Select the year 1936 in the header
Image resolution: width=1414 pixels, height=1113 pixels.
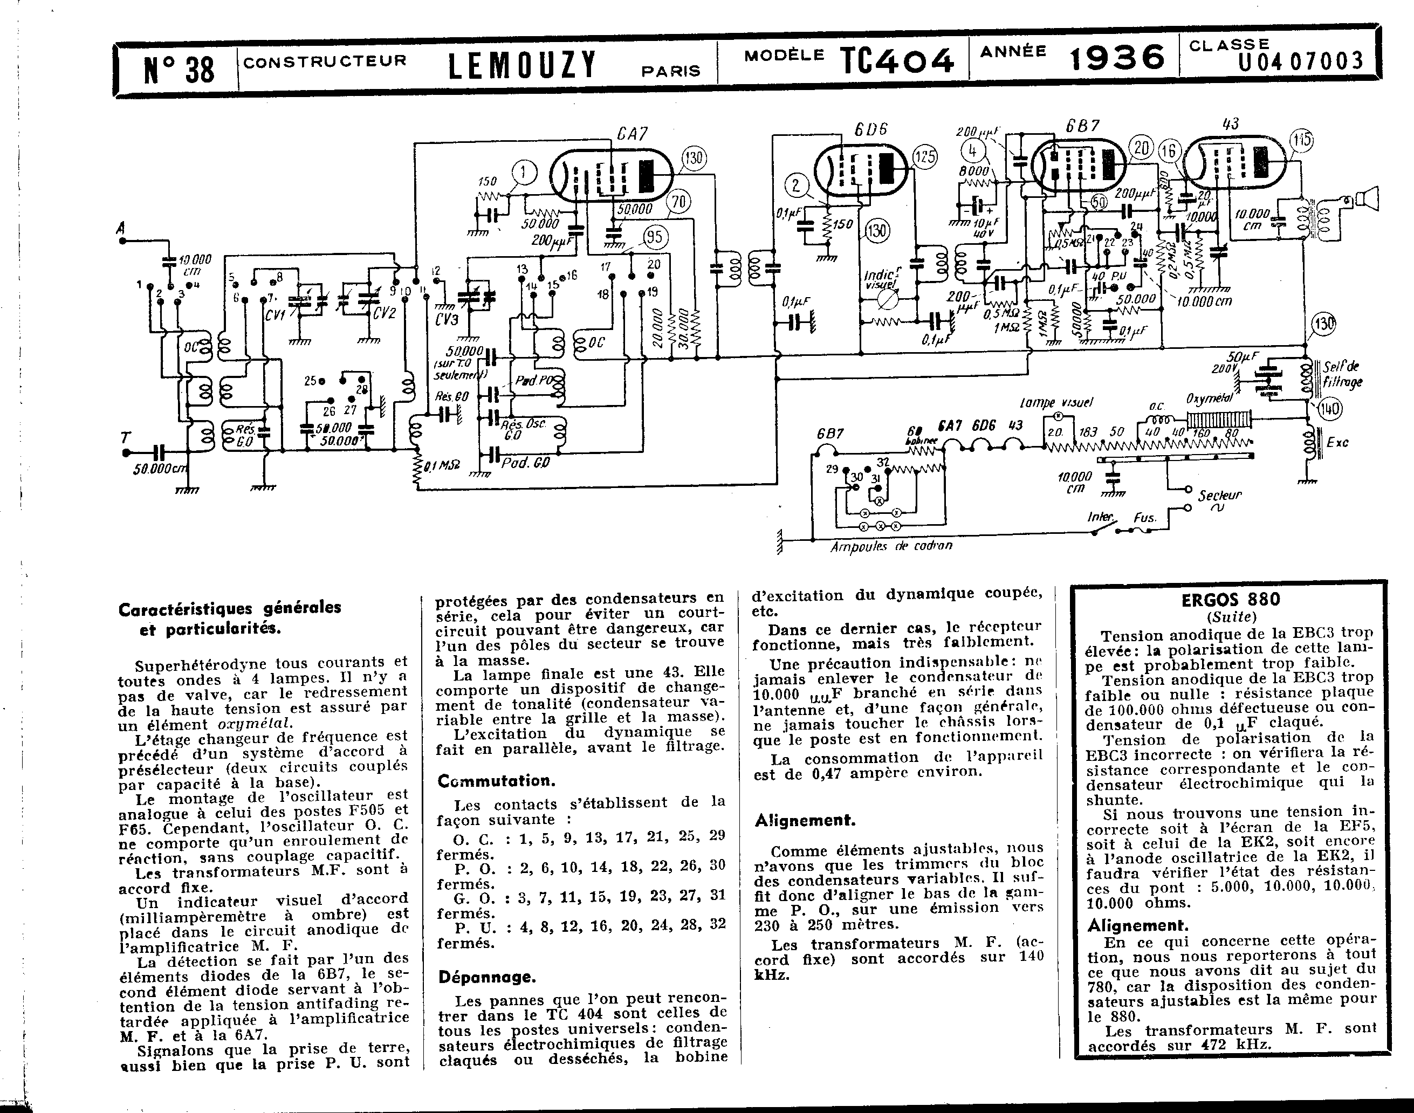click(1117, 59)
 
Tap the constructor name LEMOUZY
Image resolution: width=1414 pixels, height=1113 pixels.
click(522, 65)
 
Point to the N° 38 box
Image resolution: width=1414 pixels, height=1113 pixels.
click(178, 68)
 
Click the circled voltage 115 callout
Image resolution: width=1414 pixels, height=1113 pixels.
click(1301, 140)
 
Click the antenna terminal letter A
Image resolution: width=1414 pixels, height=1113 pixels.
click(121, 228)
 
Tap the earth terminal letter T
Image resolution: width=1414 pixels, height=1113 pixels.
click(125, 438)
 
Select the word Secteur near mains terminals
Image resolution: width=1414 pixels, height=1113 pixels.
click(1219, 494)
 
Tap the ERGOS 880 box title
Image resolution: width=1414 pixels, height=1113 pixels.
click(1230, 599)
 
